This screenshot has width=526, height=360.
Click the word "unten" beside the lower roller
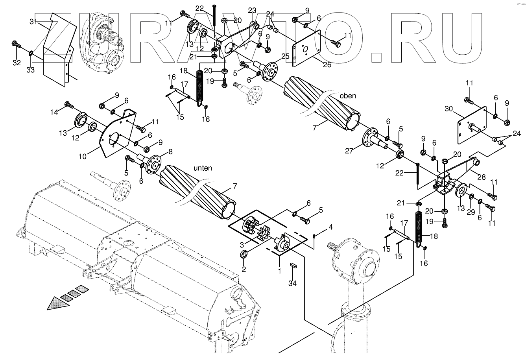[x=203, y=168]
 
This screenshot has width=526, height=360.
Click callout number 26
[x=327, y=65]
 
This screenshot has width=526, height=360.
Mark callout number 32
[x=16, y=63]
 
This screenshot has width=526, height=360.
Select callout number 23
[x=252, y=10]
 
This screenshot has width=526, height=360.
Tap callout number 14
[x=54, y=113]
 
